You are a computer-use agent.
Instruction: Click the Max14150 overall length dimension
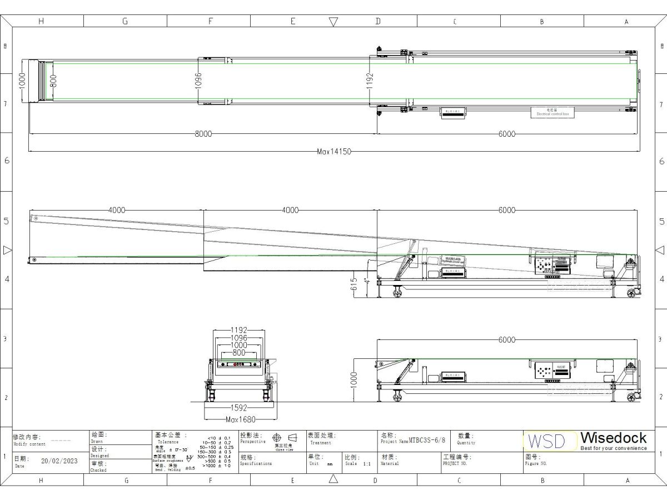click(x=334, y=152)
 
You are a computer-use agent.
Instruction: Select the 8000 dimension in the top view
click(x=203, y=134)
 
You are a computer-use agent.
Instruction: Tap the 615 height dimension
click(x=354, y=284)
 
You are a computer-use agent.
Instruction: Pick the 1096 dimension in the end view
click(x=239, y=338)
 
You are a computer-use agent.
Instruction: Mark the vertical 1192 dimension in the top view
click(x=370, y=81)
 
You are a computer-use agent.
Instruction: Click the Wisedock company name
click(x=614, y=438)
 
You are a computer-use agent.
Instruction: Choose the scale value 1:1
click(x=366, y=463)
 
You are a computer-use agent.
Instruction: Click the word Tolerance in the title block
click(x=168, y=442)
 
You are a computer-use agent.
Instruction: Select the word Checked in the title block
click(x=98, y=470)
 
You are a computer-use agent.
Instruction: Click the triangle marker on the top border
click(x=333, y=22)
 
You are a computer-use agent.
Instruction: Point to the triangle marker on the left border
click(x=7, y=250)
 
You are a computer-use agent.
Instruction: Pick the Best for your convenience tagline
click(x=614, y=448)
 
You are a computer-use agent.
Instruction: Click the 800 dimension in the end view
click(x=239, y=353)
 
